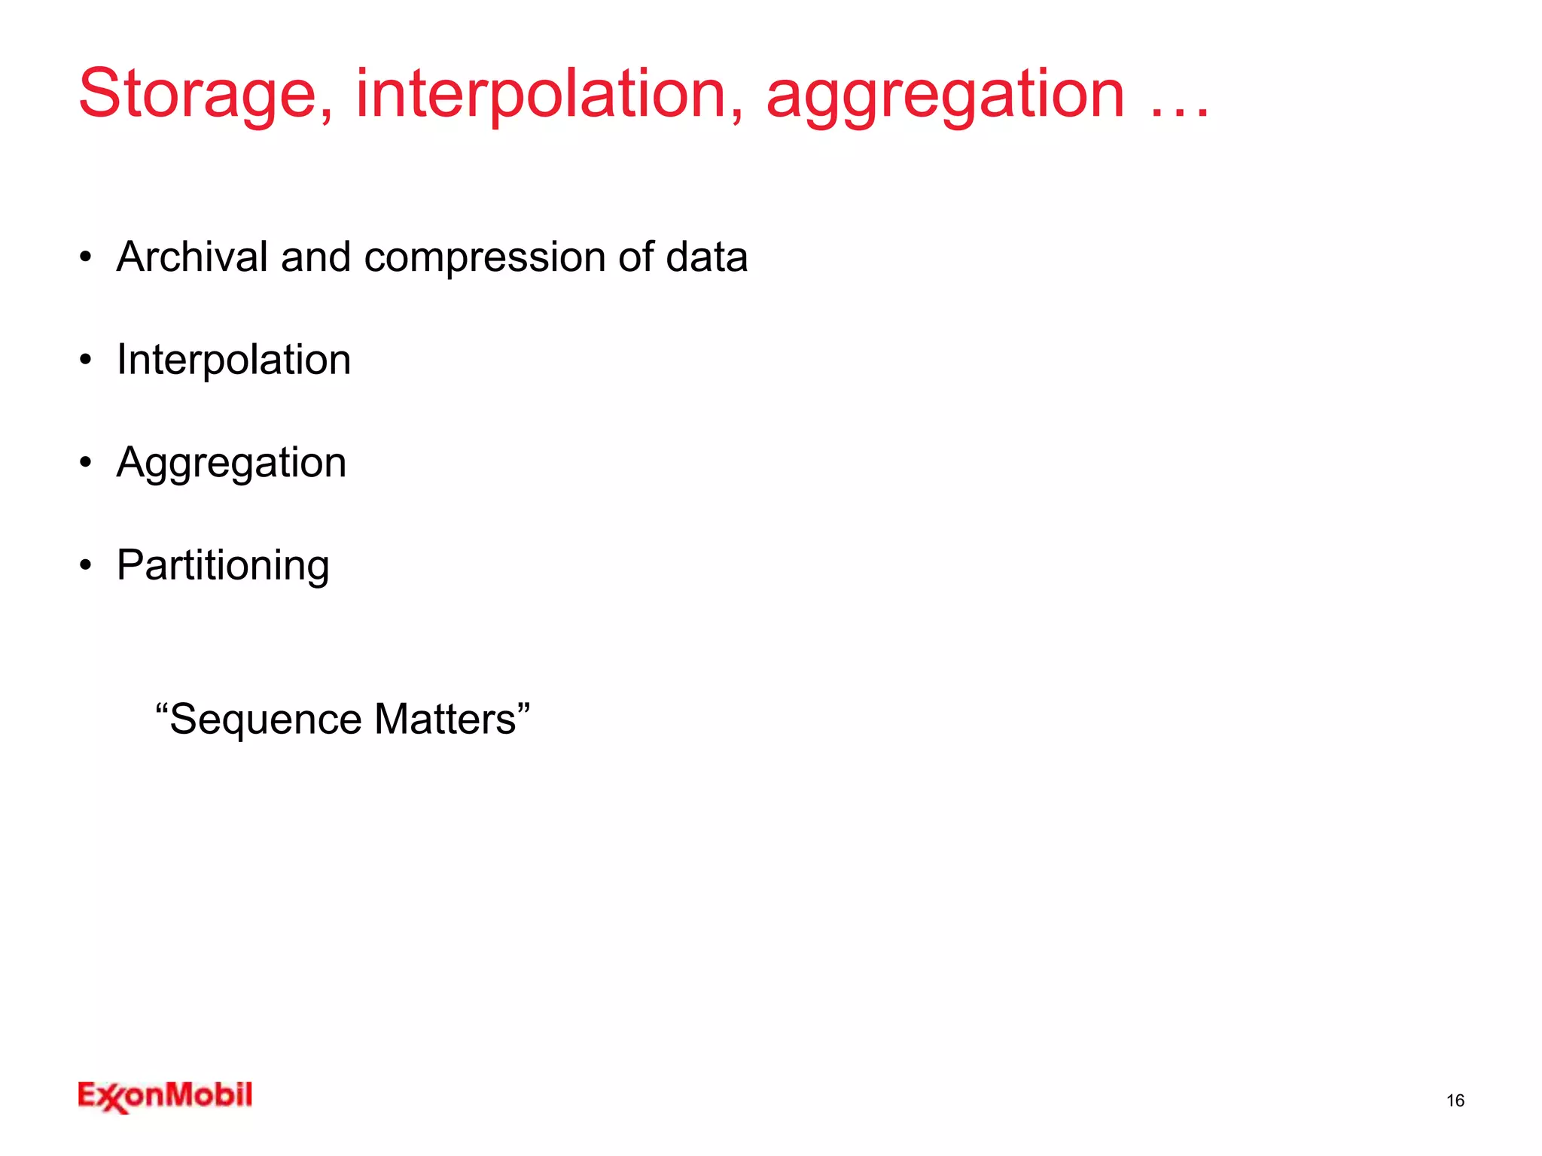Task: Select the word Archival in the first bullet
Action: point(192,257)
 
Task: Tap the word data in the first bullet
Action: point(706,257)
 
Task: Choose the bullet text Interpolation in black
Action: point(233,360)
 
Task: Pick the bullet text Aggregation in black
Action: point(231,464)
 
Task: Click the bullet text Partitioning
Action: point(223,566)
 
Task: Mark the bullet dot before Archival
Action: point(86,257)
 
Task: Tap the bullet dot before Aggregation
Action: point(86,462)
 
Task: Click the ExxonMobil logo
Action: point(165,1097)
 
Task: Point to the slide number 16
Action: point(1455,1100)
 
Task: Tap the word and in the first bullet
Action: point(315,257)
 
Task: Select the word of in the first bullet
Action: point(635,257)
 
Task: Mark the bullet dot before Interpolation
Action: point(86,360)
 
